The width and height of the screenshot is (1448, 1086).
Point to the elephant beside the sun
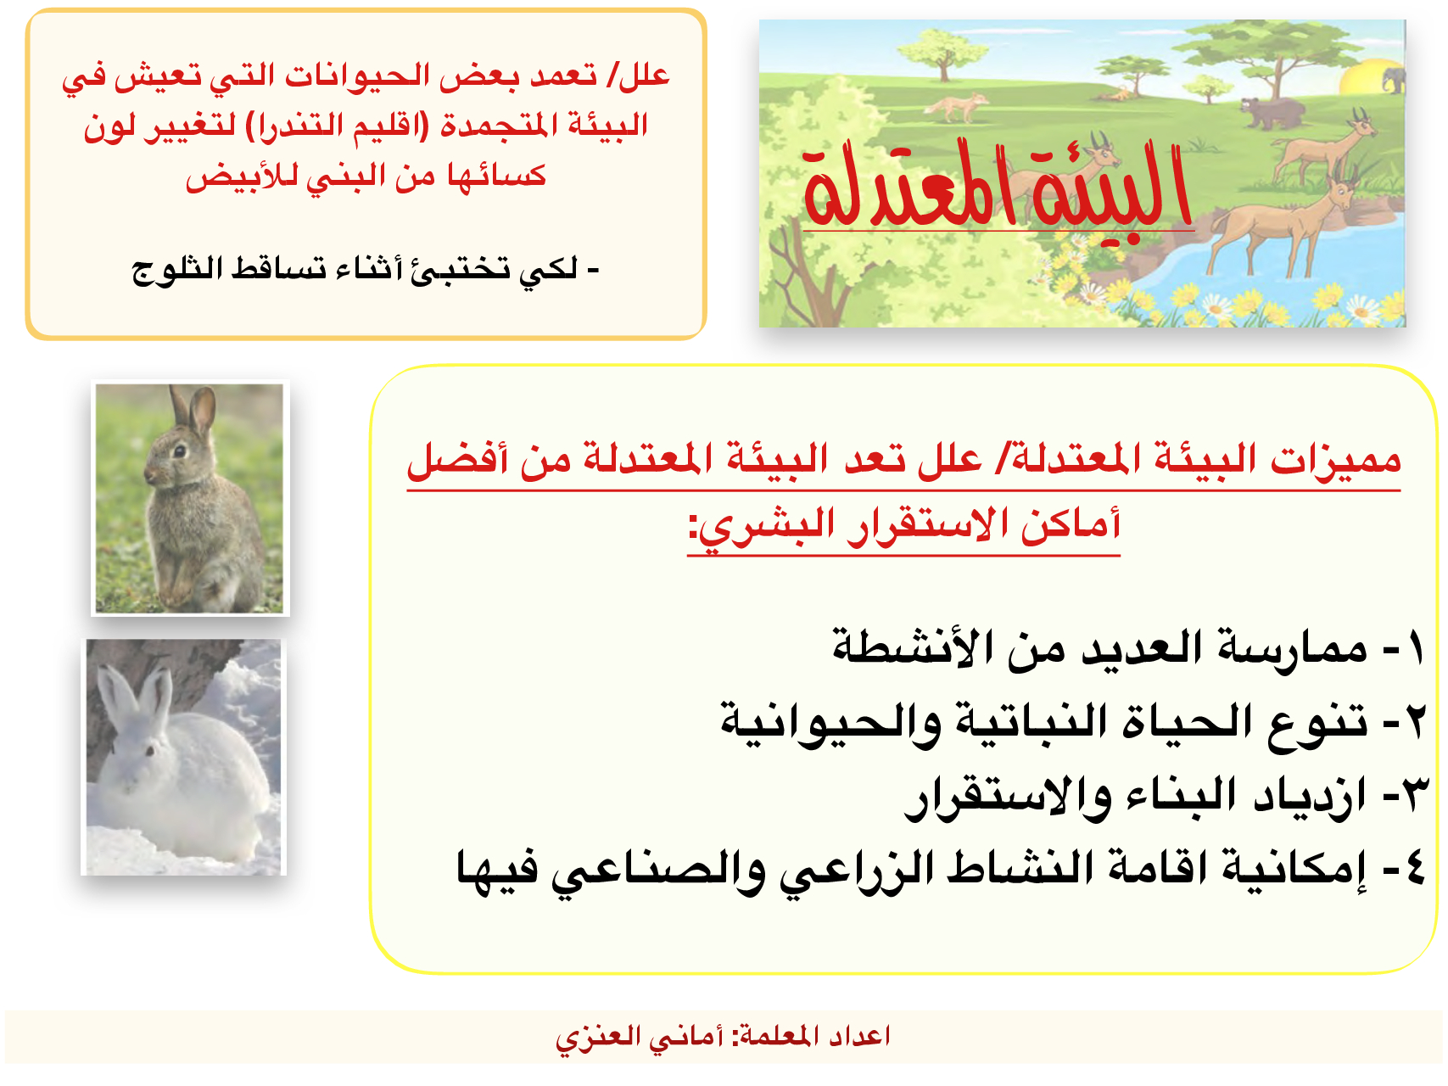pos(1393,80)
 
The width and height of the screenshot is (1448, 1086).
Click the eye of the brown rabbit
pos(179,451)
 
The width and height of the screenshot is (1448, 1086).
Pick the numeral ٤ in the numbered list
pos(1414,869)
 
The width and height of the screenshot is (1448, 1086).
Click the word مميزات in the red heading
pos(1336,460)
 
